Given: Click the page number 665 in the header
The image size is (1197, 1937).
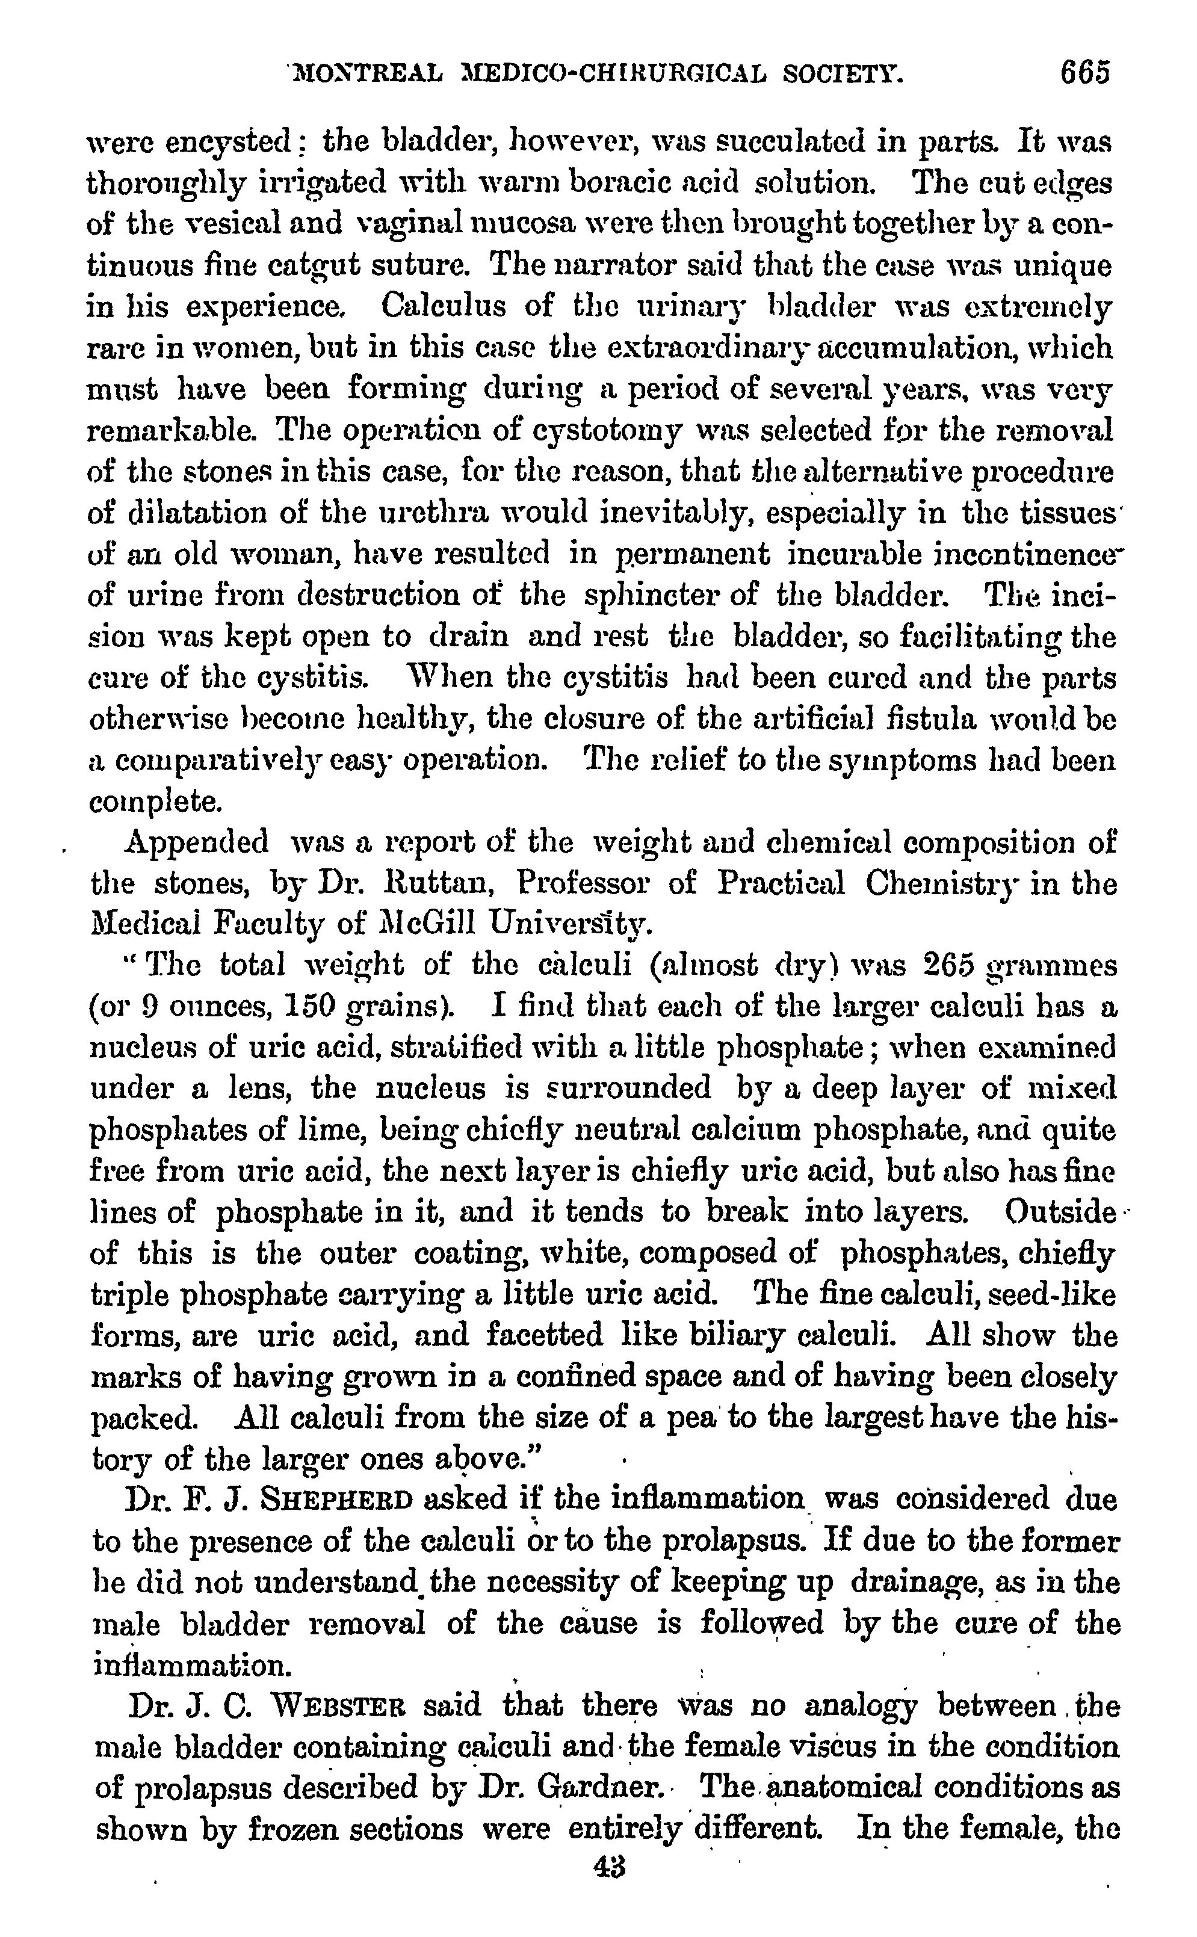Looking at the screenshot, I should (x=1086, y=73).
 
